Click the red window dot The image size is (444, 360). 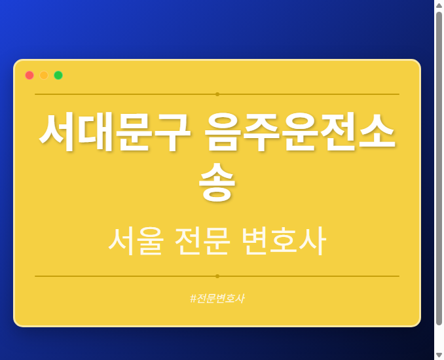[x=29, y=75]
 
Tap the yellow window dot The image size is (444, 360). [x=44, y=75]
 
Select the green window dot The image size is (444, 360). [x=58, y=75]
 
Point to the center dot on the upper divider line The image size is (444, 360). [x=217, y=94]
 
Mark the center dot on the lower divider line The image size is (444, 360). [x=217, y=276]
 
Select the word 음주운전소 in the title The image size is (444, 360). [x=300, y=133]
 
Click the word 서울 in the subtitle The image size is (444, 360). [x=136, y=241]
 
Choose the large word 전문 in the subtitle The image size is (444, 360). [x=202, y=241]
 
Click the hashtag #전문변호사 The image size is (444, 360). [x=217, y=298]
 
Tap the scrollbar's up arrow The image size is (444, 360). [x=439, y=5]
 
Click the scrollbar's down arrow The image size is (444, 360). [x=439, y=355]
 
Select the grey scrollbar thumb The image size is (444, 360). [x=439, y=167]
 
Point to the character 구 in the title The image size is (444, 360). [x=172, y=133]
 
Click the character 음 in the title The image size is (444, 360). [x=223, y=133]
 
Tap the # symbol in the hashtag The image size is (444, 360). [x=193, y=298]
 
